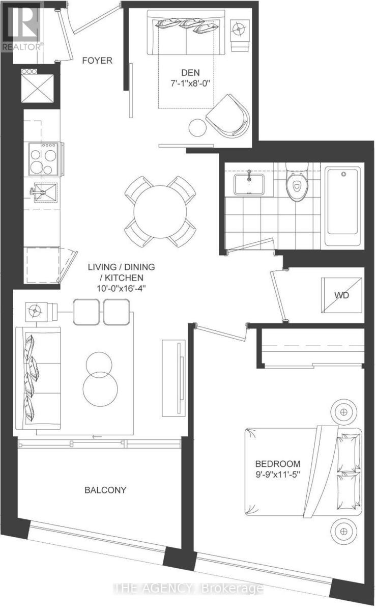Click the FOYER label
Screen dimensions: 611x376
98,61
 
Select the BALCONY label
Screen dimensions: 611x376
105,490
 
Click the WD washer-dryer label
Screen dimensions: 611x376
342,295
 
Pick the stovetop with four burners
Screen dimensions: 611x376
43,158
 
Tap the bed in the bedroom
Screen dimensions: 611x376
300,471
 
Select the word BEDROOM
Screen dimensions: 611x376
278,464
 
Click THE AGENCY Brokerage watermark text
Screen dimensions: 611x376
188,589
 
